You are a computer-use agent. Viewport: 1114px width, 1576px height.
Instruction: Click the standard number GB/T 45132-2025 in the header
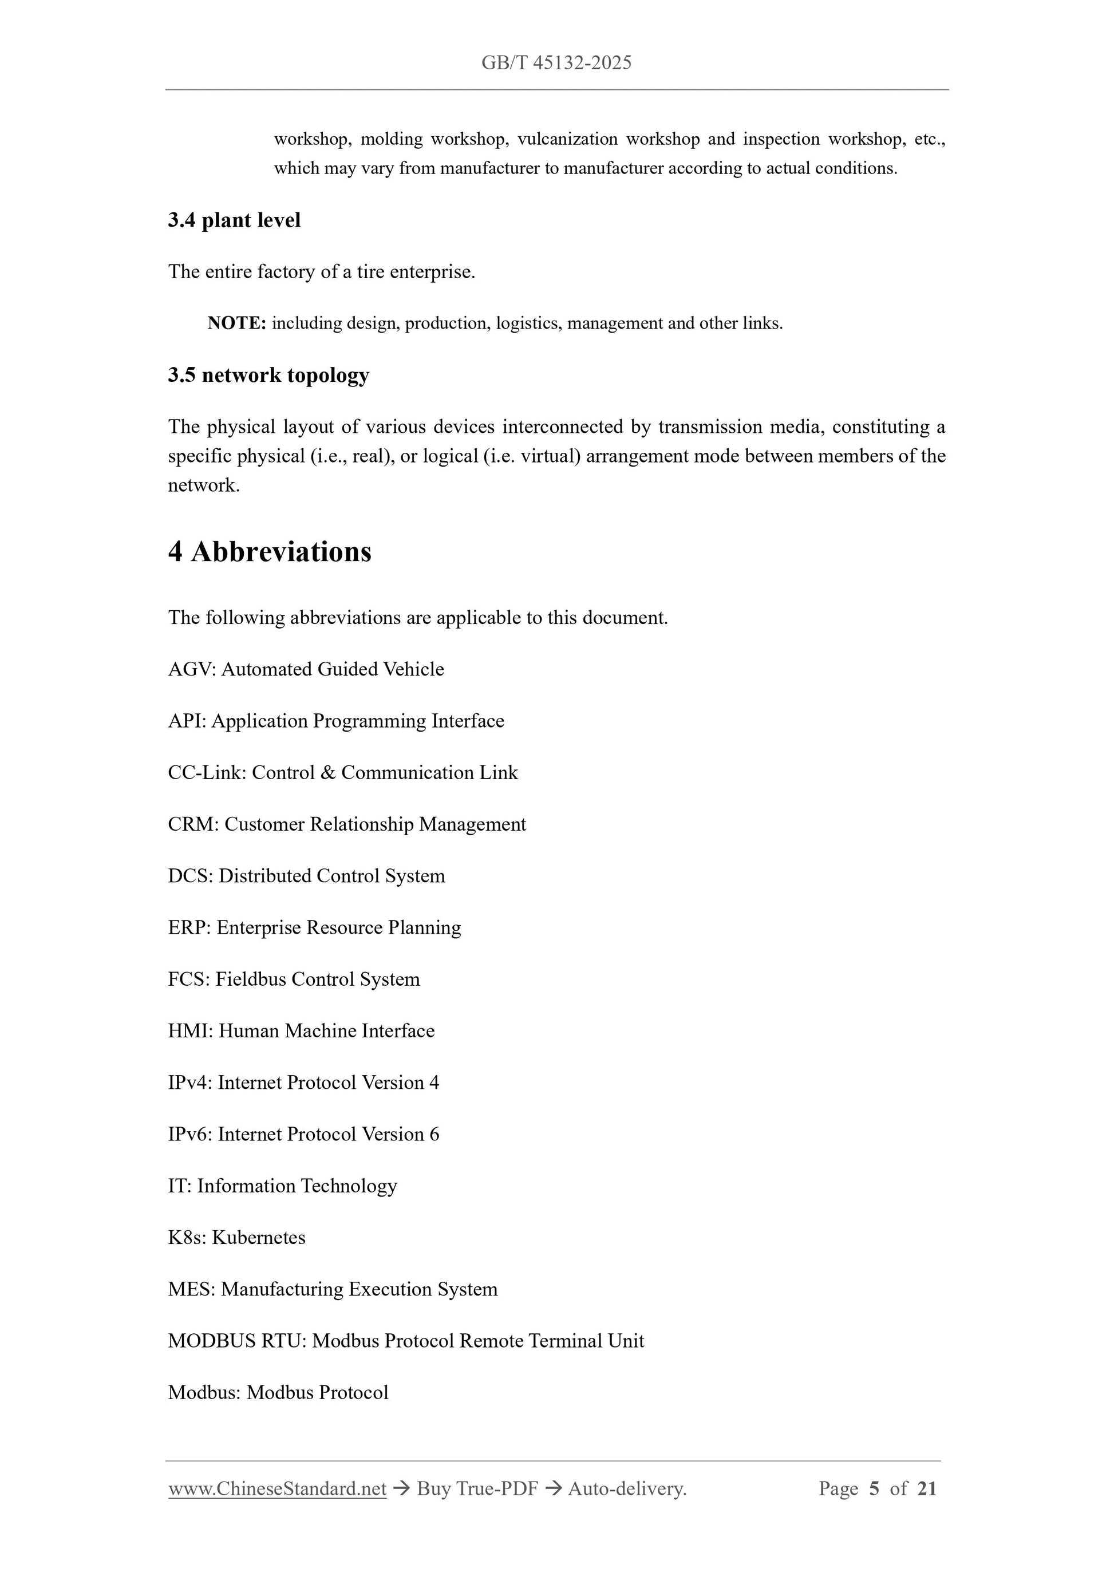point(556,63)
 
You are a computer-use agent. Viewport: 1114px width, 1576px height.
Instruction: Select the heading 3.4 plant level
point(234,220)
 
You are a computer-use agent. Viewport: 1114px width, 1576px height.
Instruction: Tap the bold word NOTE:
point(236,323)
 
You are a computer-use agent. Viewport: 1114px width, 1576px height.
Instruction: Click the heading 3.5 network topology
point(268,375)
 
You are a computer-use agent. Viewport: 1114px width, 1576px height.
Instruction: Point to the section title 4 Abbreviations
point(270,552)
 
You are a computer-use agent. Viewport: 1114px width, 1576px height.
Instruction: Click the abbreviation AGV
point(189,669)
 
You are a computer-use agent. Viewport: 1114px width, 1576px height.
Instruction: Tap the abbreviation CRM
point(191,824)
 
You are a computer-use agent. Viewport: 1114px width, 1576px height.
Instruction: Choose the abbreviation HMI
point(189,1031)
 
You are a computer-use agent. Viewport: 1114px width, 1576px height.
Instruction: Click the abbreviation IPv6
point(189,1135)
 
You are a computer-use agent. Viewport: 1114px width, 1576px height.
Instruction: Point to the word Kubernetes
point(259,1238)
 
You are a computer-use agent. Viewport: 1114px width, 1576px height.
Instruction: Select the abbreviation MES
point(189,1289)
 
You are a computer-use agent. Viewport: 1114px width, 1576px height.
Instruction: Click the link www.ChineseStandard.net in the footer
point(277,1489)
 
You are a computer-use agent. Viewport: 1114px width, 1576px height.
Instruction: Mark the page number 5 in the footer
point(874,1489)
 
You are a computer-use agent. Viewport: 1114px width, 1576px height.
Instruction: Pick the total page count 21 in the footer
point(927,1489)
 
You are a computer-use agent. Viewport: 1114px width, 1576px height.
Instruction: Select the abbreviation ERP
point(189,928)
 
